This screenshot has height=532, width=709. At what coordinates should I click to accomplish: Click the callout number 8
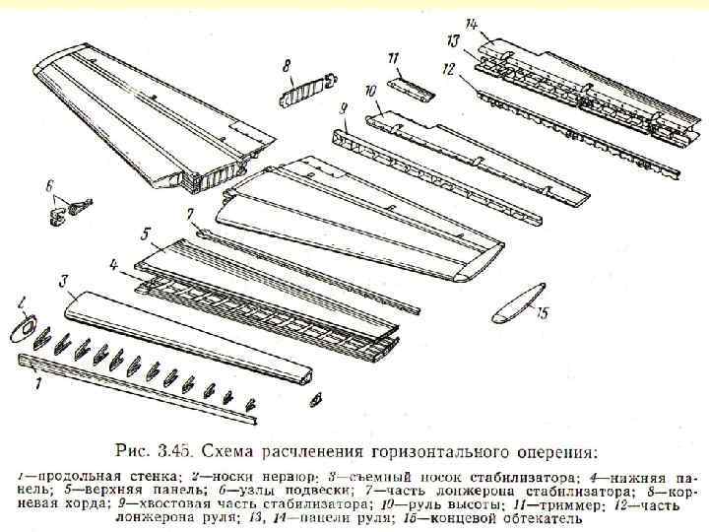[x=287, y=66]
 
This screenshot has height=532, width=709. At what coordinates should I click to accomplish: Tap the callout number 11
[x=393, y=56]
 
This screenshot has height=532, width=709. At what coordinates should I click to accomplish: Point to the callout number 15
[x=540, y=313]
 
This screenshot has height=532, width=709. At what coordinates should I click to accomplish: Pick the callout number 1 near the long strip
[x=37, y=384]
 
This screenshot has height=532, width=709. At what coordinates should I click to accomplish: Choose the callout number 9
[x=343, y=107]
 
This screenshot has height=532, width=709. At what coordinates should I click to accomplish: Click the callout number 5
[x=145, y=234]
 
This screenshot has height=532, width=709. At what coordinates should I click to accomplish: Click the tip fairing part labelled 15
[x=519, y=302]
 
